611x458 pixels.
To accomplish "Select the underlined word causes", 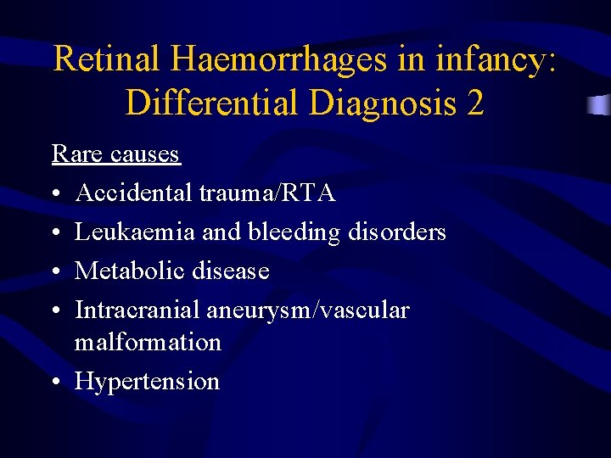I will (x=145, y=154).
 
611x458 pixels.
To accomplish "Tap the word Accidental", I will (x=134, y=193).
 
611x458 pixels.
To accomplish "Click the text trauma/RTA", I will (x=268, y=193).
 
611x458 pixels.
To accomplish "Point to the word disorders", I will (x=397, y=232).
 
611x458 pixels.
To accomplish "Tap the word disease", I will (x=230, y=271).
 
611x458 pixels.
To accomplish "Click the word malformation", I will (x=148, y=342).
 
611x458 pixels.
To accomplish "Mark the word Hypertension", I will (x=147, y=382).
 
